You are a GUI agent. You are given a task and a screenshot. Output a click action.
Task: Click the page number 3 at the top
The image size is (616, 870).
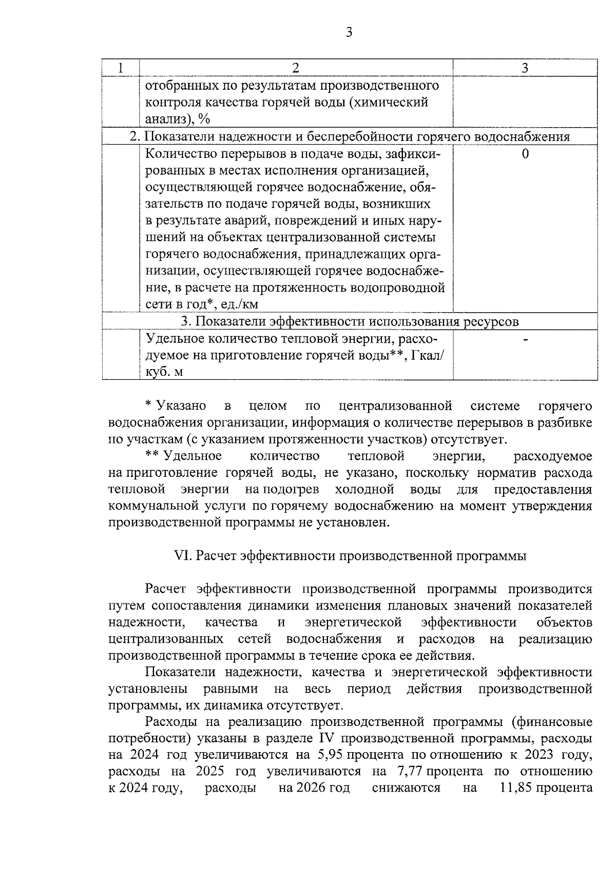click(349, 33)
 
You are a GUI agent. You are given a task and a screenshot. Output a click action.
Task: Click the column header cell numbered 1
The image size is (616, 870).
click(120, 68)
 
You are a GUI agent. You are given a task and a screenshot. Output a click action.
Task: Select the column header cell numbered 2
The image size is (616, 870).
click(296, 68)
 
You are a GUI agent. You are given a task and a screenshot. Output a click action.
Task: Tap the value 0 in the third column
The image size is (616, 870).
click(525, 154)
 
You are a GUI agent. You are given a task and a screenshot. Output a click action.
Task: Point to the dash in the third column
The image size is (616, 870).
click(525, 339)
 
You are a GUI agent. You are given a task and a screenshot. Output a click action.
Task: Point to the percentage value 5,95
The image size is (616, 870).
click(331, 755)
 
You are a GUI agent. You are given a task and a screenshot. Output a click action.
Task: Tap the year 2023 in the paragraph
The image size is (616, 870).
click(538, 755)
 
